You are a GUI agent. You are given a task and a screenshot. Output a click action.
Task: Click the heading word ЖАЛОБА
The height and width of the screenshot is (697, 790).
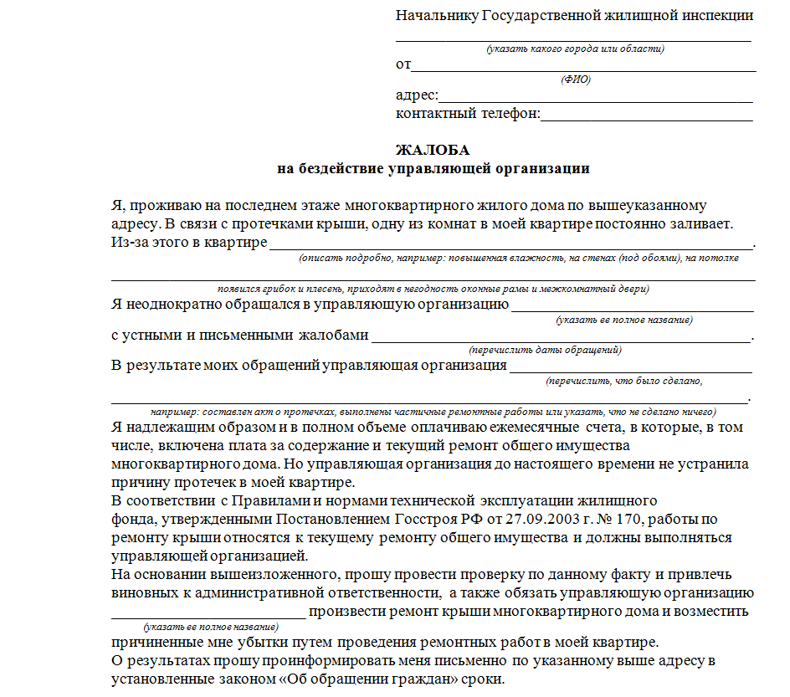(x=433, y=151)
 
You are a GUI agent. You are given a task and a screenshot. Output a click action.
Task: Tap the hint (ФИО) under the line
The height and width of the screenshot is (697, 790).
(x=575, y=79)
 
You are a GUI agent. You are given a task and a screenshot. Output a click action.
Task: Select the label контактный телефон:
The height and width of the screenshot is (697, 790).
(x=468, y=113)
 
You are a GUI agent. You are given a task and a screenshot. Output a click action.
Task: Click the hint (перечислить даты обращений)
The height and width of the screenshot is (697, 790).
(x=546, y=350)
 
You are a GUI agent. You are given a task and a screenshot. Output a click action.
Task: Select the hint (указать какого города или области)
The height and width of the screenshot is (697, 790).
(x=576, y=49)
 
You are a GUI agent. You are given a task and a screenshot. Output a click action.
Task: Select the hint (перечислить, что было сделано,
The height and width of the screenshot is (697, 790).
(x=623, y=381)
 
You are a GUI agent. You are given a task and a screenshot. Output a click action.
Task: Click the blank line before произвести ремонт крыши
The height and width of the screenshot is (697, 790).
(x=209, y=616)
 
